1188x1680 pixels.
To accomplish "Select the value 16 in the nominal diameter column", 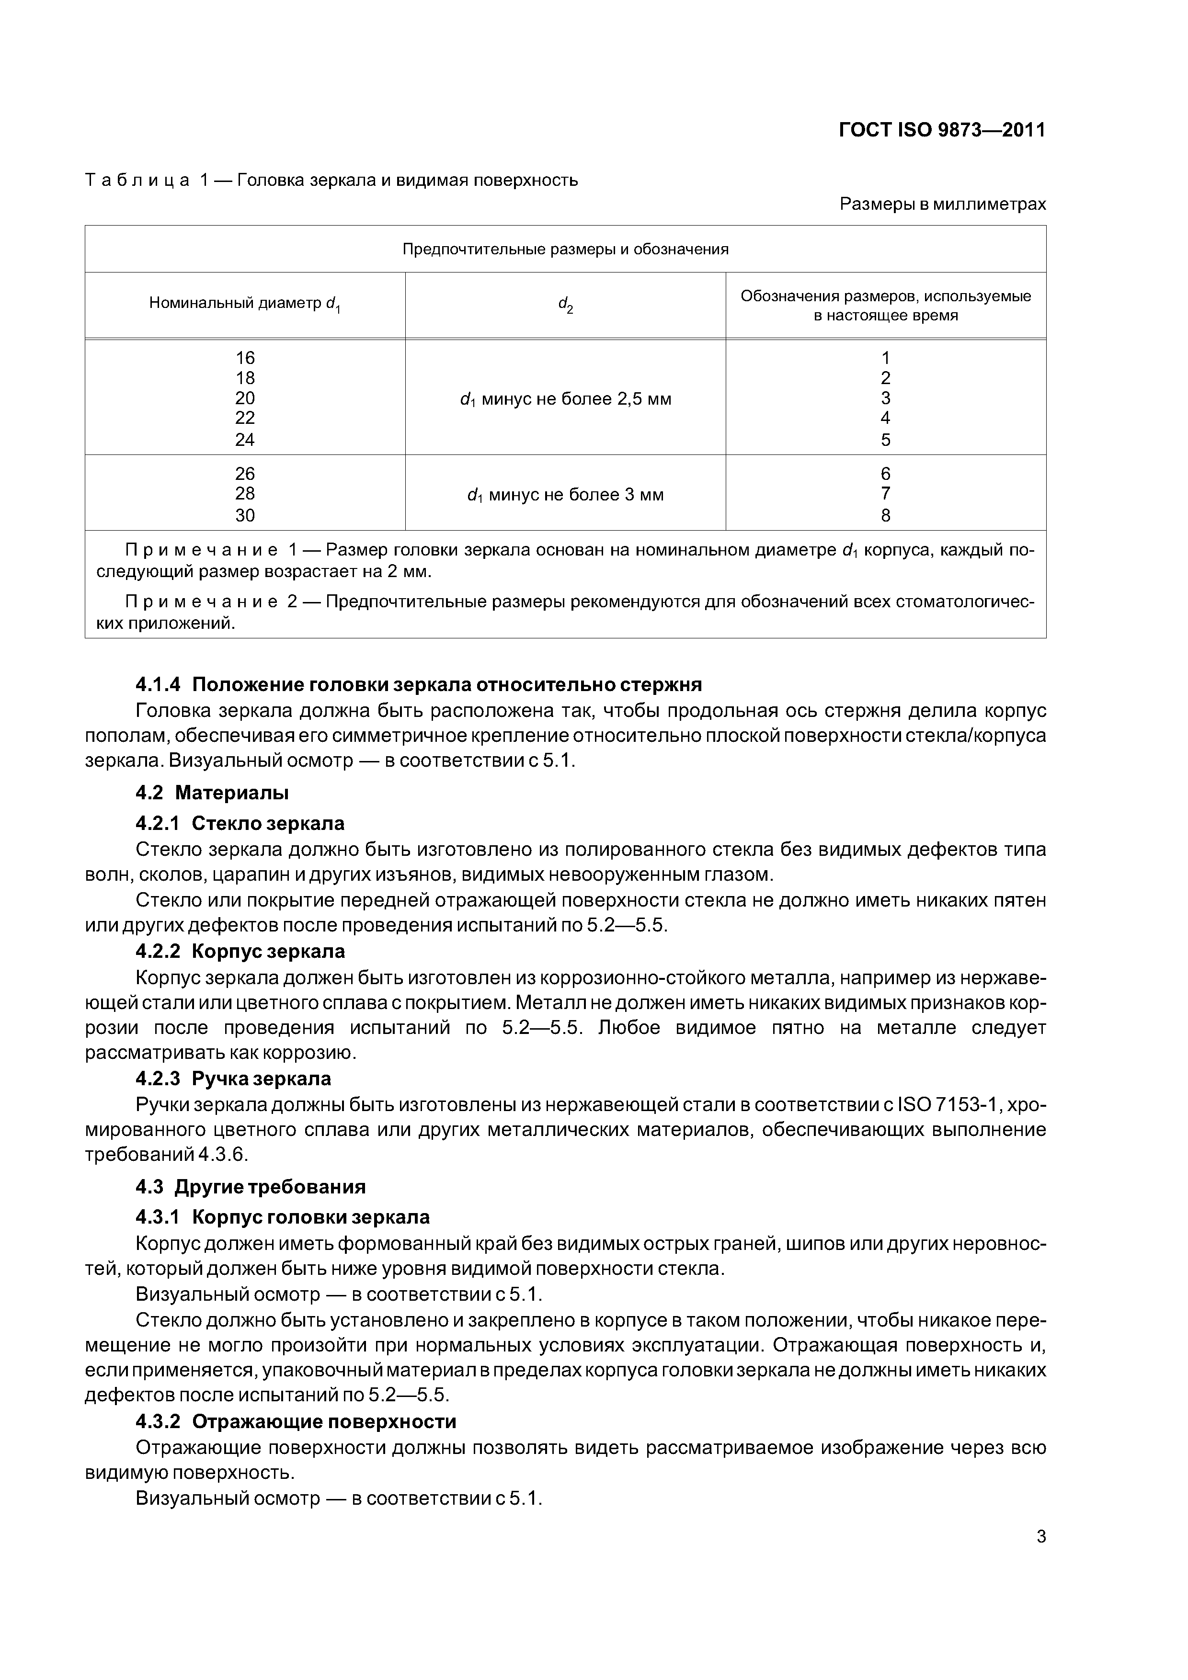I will tap(245, 358).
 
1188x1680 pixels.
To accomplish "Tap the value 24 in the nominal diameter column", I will tap(245, 440).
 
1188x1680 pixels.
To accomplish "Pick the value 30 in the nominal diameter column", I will tap(245, 515).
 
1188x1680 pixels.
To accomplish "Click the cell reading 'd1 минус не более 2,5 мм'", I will tap(565, 399).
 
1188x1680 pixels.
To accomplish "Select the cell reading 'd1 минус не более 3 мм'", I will tap(565, 495).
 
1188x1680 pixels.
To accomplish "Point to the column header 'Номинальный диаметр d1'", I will tap(245, 304).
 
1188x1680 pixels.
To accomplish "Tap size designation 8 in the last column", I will tap(886, 515).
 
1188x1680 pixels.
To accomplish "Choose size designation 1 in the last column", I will tap(886, 358).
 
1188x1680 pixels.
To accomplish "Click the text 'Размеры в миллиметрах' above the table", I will tap(943, 204).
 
